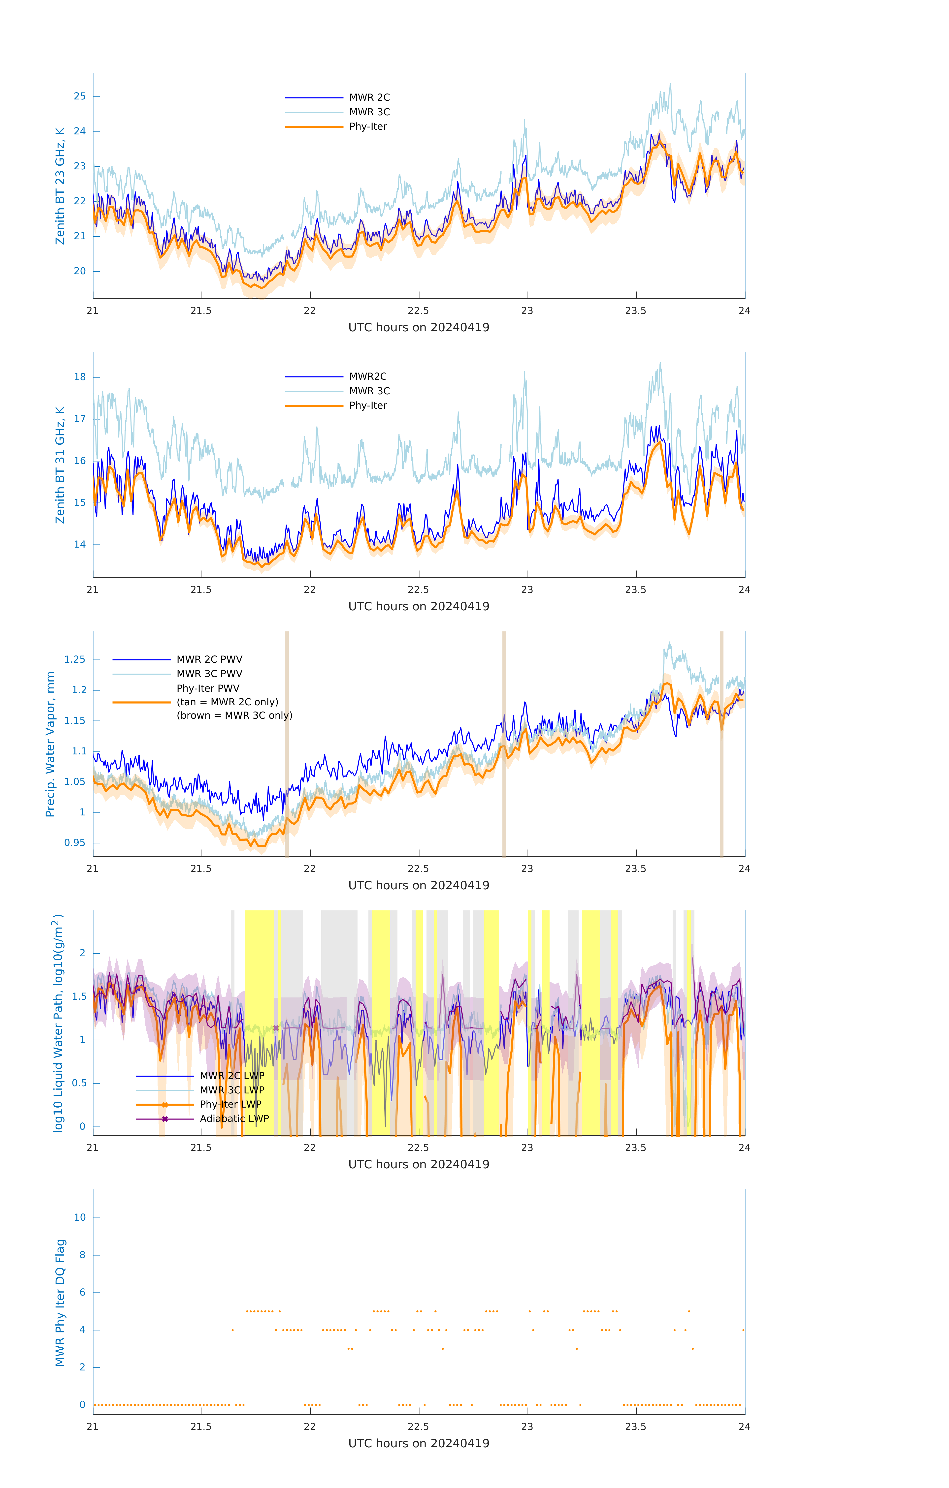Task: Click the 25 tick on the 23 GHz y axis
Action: (80, 96)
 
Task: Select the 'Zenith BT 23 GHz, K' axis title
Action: (60, 186)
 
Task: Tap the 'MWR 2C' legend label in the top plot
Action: (369, 98)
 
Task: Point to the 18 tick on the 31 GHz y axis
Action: (80, 377)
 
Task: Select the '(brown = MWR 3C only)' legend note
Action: (234, 715)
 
